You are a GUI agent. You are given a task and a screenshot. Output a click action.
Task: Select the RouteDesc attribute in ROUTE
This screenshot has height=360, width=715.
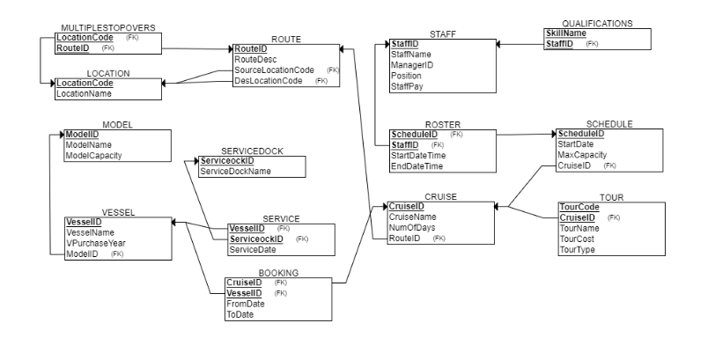coord(255,60)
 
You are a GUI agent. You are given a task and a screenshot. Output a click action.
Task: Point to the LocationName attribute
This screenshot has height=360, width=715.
coord(85,93)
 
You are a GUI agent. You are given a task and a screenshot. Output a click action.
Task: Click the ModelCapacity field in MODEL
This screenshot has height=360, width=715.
coord(93,155)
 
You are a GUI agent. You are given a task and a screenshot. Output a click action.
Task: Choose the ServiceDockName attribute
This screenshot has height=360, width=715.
coord(234,173)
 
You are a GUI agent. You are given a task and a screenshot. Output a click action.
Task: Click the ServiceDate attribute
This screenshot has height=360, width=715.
coord(254,250)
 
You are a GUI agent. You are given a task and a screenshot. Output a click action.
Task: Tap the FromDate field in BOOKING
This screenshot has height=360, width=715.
coord(247,303)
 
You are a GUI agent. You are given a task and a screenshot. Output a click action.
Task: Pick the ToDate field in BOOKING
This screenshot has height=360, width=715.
coord(241,313)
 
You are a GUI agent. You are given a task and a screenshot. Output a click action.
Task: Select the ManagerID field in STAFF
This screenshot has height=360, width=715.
coord(412,65)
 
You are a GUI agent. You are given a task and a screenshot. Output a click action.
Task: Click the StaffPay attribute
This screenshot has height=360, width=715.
coord(408,86)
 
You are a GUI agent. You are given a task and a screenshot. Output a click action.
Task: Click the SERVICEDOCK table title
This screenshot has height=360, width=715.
coord(252,151)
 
